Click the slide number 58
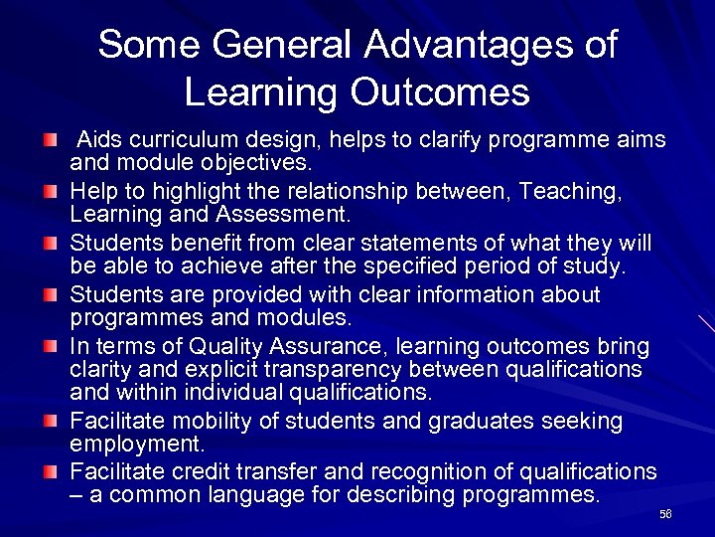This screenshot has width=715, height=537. pyautogui.click(x=665, y=513)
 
